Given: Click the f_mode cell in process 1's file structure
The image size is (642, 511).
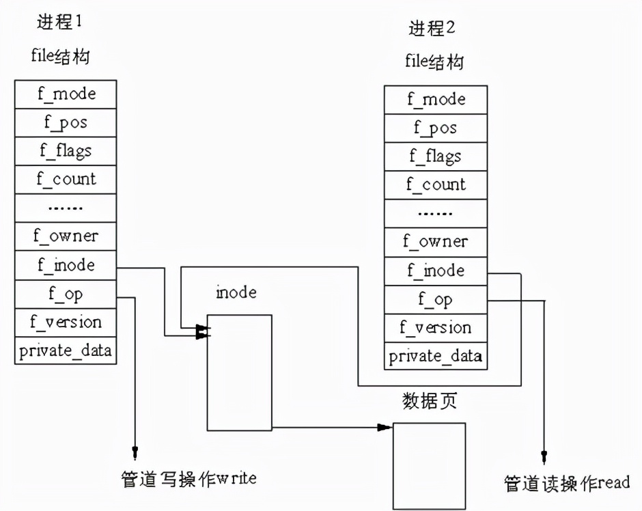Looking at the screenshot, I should click(x=66, y=94).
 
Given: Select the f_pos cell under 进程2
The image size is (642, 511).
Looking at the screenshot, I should click(x=435, y=128).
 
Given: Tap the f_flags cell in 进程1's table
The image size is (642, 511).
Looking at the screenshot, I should click(x=66, y=150).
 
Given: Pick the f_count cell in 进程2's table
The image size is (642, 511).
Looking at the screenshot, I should click(x=435, y=184).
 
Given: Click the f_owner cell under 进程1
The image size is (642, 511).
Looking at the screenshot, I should click(x=66, y=236).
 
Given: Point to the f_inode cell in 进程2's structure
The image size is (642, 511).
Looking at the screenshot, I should click(x=435, y=271).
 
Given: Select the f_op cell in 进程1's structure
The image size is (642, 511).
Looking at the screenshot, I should click(x=66, y=294).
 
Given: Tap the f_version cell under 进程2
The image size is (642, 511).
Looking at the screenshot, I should click(x=435, y=327).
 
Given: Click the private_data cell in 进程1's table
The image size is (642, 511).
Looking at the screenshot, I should click(x=66, y=351).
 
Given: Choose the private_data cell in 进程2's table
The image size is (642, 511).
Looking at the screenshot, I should click(x=435, y=356).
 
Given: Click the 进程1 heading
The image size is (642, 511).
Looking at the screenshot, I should click(x=59, y=22).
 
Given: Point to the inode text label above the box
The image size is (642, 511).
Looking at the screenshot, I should click(x=236, y=293).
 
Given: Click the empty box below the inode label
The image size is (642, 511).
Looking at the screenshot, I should click(x=240, y=372).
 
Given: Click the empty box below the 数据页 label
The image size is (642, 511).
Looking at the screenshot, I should click(x=429, y=465).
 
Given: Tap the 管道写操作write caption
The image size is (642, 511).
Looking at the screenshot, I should click(x=188, y=478).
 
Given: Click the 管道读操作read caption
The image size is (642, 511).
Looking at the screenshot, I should click(x=567, y=482).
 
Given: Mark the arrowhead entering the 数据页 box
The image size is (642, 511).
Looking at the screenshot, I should click(x=385, y=428).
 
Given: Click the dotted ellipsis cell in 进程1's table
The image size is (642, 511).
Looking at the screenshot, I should click(x=66, y=208).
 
